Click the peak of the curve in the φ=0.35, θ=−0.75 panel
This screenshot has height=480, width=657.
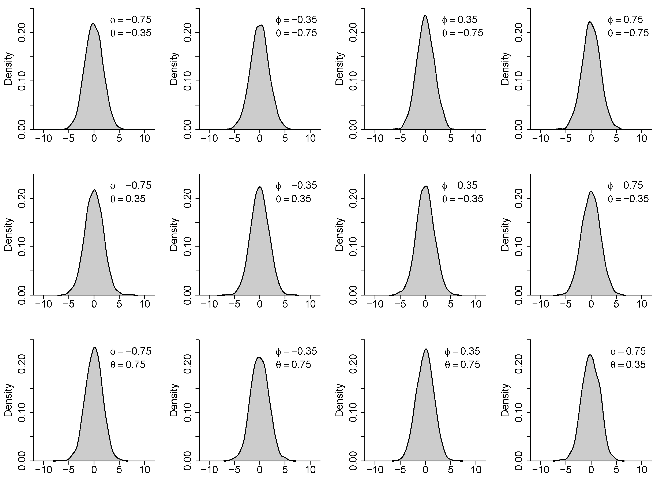click(425, 15)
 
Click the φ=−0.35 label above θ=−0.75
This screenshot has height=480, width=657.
click(296, 20)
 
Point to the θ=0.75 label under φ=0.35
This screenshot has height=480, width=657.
click(462, 365)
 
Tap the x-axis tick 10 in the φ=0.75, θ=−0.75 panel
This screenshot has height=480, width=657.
click(642, 138)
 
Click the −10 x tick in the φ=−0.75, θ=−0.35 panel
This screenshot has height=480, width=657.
click(44, 138)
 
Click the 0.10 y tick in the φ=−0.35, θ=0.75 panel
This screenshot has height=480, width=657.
click(188, 413)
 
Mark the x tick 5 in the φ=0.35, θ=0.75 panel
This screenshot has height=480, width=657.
click(451, 470)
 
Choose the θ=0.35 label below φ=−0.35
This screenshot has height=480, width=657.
click(293, 199)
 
